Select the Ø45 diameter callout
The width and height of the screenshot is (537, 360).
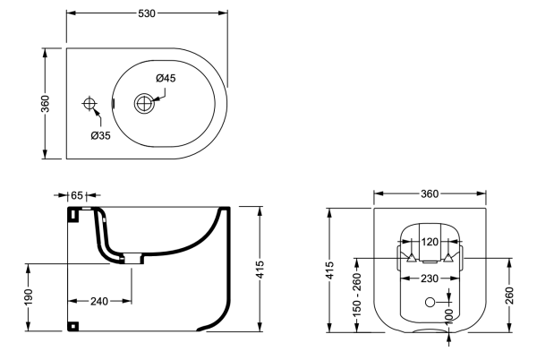[165, 79]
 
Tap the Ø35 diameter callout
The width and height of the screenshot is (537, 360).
[100, 136]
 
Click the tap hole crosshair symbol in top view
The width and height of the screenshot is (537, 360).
[89, 105]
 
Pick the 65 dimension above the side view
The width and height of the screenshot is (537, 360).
[76, 193]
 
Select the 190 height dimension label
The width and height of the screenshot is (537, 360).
[32, 296]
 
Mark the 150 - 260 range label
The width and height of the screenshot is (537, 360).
[357, 295]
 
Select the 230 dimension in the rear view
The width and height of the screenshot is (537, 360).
[430, 279]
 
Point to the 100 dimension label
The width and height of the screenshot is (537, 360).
[448, 316]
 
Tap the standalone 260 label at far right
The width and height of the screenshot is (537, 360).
[509, 296]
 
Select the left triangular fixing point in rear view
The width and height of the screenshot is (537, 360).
[411, 259]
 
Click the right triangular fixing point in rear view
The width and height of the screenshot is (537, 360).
[450, 259]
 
